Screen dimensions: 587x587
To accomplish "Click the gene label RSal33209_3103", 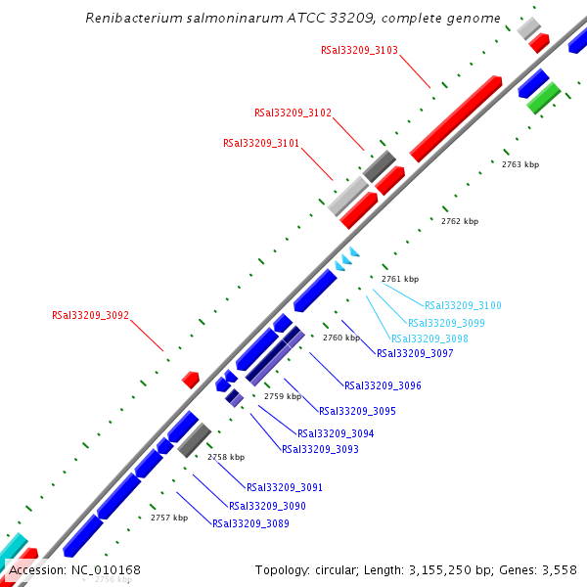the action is click(359, 50).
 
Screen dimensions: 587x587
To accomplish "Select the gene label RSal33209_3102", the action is click(293, 113).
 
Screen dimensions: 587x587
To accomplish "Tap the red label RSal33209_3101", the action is click(261, 143).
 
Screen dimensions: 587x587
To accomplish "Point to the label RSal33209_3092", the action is click(90, 316).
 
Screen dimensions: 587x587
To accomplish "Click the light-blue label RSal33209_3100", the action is click(463, 306).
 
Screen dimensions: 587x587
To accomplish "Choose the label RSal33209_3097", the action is click(415, 354).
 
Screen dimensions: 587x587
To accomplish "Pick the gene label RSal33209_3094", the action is click(336, 433).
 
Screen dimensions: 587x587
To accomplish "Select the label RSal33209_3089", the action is click(250, 523).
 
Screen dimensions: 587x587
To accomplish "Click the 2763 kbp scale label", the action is click(520, 164).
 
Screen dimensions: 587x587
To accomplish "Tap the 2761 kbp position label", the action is click(400, 279).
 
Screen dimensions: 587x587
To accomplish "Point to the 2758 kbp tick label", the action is click(226, 457).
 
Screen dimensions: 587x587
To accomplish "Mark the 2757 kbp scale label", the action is click(169, 518).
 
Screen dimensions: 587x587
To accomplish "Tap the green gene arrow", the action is click(543, 97).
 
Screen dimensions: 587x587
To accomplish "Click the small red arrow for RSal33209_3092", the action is click(191, 379).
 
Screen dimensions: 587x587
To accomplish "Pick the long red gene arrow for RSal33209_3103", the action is click(456, 118).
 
